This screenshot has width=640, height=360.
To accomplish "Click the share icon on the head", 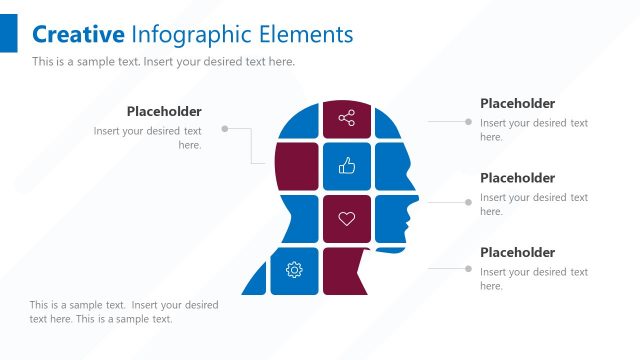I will pos(347,119).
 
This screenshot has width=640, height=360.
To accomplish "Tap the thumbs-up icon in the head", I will pos(347,166).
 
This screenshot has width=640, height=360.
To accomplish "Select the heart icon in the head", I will pos(347,218).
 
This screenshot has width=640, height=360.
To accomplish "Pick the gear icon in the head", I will pos(294,270).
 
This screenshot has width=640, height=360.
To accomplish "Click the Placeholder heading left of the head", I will pos(164,112).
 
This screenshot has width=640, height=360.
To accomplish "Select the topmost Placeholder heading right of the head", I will pos(517,104).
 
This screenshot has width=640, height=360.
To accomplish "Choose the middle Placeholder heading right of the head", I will pos(517,178).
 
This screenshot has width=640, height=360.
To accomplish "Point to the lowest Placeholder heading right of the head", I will pos(517,253).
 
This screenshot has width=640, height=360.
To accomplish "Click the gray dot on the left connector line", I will pos(225,128).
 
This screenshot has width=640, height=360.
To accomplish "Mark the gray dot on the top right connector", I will pos(468,121).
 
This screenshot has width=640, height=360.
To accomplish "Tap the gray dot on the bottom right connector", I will pos(468,268).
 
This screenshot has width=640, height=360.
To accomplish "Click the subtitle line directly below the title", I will pos(163,62).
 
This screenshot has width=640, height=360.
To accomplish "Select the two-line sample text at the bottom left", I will pos(124,312).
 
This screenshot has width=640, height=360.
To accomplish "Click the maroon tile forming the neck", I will pos(346,271).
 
